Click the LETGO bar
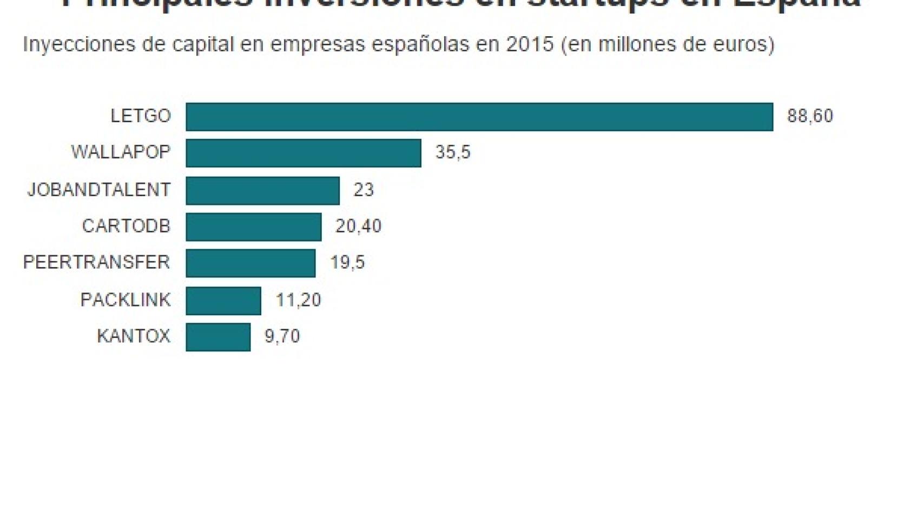(x=479, y=117)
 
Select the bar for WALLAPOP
(x=304, y=153)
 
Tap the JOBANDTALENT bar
(x=262, y=190)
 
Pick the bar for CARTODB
(x=254, y=227)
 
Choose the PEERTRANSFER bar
(x=250, y=263)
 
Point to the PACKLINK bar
(x=223, y=301)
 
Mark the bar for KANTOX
(x=218, y=337)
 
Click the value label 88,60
(x=809, y=116)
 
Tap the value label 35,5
(x=453, y=152)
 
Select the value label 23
(x=364, y=190)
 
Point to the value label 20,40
(x=358, y=226)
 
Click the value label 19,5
(x=347, y=263)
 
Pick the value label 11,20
(x=298, y=300)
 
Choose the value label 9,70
(x=282, y=336)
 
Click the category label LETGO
(x=141, y=116)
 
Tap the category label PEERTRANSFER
(x=96, y=262)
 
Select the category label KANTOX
(x=134, y=336)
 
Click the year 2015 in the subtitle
(x=530, y=44)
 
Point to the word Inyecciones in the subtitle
(x=78, y=44)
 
